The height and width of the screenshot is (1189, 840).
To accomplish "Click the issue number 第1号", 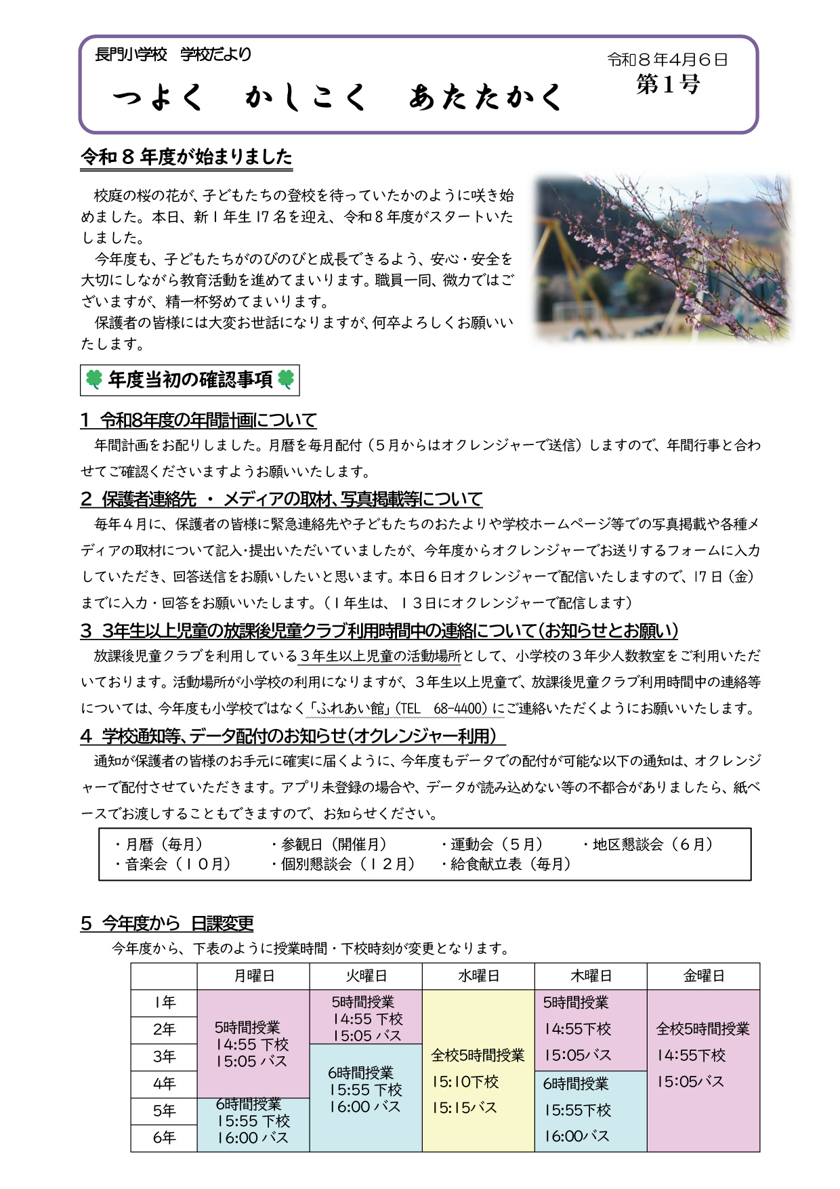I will [x=667, y=85].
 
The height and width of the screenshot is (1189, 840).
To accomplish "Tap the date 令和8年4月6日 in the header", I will [x=667, y=60].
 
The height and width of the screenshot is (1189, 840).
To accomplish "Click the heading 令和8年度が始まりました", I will [x=186, y=157].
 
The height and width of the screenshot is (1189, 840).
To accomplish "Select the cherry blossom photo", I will [x=663, y=257].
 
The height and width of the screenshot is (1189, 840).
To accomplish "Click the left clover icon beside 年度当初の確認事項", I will [x=94, y=380].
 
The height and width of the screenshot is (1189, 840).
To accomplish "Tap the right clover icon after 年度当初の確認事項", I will [x=286, y=380].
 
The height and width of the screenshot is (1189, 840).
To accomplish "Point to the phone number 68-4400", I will [x=460, y=709].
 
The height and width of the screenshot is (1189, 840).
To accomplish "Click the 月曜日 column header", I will [x=253, y=976].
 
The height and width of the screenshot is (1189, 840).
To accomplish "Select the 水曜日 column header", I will [x=478, y=976].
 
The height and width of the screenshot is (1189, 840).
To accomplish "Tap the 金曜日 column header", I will [x=703, y=976].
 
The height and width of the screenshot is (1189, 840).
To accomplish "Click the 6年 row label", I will [x=164, y=1138].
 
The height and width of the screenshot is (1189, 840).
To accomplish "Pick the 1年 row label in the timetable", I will [x=164, y=1003].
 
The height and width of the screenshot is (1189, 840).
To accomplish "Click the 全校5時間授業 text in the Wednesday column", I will [x=478, y=1056].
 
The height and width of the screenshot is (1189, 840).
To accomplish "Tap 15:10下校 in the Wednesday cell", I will [x=465, y=1082].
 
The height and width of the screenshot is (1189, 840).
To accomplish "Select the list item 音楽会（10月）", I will [x=173, y=864].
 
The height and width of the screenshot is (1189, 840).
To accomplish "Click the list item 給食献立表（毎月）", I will [x=505, y=864].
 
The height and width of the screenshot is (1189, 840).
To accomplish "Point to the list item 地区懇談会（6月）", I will [x=648, y=845].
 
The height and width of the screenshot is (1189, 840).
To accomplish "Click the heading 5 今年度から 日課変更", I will [x=167, y=923].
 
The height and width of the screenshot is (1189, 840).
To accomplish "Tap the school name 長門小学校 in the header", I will [x=131, y=54].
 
